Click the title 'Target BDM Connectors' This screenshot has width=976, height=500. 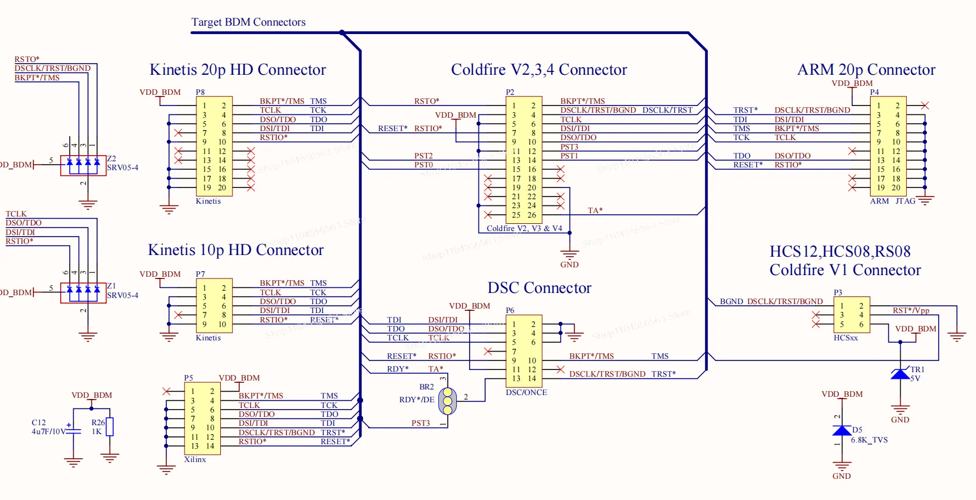pyautogui.click(x=248, y=22)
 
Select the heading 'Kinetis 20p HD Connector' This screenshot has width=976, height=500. pyautogui.click(x=238, y=70)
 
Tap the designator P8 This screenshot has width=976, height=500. pyautogui.click(x=200, y=92)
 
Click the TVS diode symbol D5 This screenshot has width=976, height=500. pyautogui.click(x=842, y=431)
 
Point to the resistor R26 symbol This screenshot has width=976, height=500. pyautogui.click(x=110, y=427)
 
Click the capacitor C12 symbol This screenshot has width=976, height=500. pyautogui.click(x=73, y=430)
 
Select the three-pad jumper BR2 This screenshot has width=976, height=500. pyautogui.click(x=447, y=401)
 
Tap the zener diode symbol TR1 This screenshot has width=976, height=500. pyautogui.click(x=900, y=374)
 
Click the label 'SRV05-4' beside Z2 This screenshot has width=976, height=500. pyautogui.click(x=123, y=167)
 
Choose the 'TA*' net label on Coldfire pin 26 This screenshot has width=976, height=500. pyautogui.click(x=595, y=210)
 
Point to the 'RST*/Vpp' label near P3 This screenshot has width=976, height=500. pyautogui.click(x=911, y=310)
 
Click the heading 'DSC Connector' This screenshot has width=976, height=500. pyautogui.click(x=539, y=288)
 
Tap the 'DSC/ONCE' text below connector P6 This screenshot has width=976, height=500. pyautogui.click(x=526, y=392)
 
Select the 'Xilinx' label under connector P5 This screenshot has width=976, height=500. pyautogui.click(x=195, y=459)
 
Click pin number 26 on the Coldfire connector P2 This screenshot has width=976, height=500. pyautogui.click(x=532, y=215)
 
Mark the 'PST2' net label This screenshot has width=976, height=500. pyautogui.click(x=423, y=156)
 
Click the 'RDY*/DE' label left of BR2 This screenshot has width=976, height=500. pyautogui.click(x=417, y=400)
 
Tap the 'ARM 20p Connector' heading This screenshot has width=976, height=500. pyautogui.click(x=866, y=70)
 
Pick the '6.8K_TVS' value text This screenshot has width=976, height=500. pyautogui.click(x=869, y=440)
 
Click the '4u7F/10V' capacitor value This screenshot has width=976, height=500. pyautogui.click(x=49, y=431)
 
